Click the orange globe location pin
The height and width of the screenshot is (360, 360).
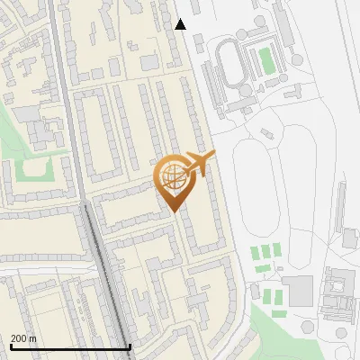(173, 181)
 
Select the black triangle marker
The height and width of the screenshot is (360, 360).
(181, 24)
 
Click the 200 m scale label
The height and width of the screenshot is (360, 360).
(24, 337)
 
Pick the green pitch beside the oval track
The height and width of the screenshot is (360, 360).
(265, 60)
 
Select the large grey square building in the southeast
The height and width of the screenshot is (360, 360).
(298, 290)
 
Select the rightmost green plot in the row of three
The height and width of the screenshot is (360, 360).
(277, 249)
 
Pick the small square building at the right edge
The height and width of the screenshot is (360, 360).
(350, 238)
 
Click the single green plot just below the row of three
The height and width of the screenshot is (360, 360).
(262, 268)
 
